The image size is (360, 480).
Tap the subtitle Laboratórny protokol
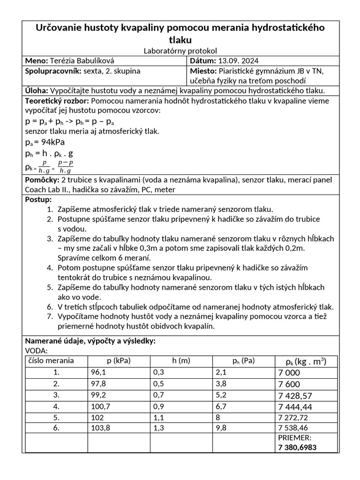[x=180, y=51]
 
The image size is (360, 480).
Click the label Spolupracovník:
[x=52, y=71]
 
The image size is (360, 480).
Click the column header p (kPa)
[x=118, y=361]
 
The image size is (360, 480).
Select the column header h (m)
[x=180, y=361]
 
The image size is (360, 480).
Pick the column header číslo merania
[x=51, y=360]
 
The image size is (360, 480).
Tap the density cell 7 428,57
[x=295, y=394]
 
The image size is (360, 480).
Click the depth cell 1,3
[x=159, y=427]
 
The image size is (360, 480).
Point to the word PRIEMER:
[x=294, y=438]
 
